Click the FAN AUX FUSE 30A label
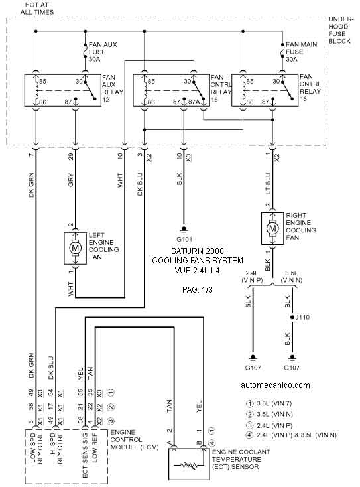(x=103, y=52)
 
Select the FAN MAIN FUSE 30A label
(x=301, y=52)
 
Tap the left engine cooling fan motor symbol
(x=75, y=248)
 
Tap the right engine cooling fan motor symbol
(x=272, y=229)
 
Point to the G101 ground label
(x=184, y=239)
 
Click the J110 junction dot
(x=292, y=317)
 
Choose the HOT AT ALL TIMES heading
(x=37, y=9)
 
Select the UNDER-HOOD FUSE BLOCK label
(x=339, y=30)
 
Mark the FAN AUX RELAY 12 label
(x=113, y=88)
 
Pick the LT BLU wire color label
(x=269, y=184)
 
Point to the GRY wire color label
(x=71, y=180)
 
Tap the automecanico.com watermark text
(x=275, y=385)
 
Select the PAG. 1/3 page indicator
(x=198, y=290)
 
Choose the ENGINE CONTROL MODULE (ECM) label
(x=135, y=439)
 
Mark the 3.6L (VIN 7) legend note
(x=269, y=404)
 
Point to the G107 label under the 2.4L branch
(x=253, y=368)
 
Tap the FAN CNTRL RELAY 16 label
(x=310, y=88)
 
